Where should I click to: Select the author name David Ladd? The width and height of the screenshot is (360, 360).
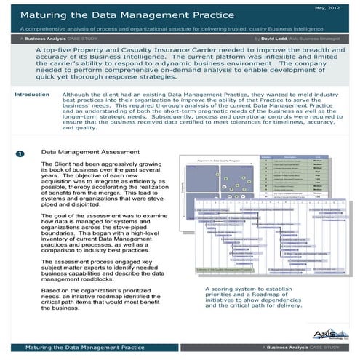coord(274,35)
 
